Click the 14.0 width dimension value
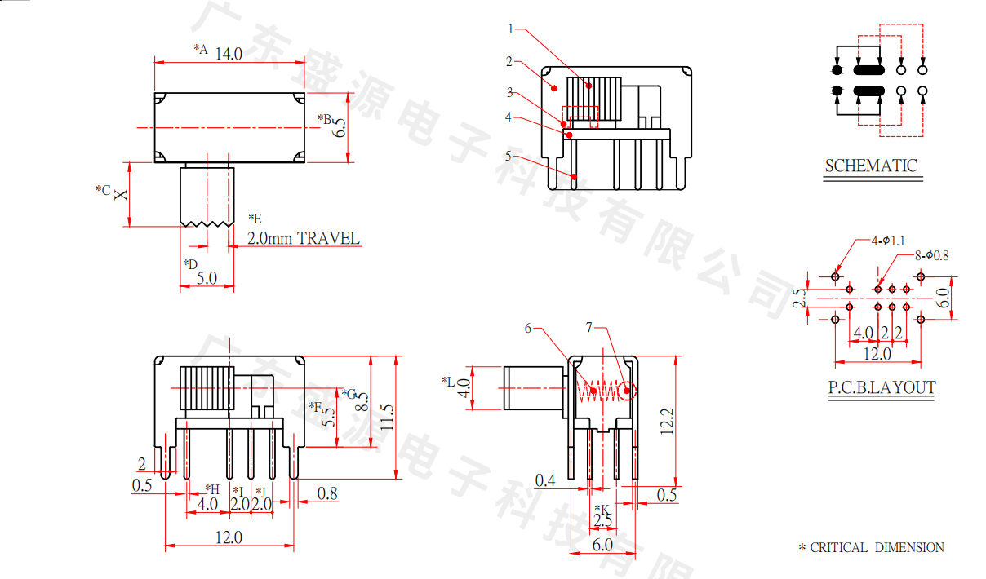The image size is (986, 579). (x=229, y=54)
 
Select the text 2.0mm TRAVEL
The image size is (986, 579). (x=304, y=238)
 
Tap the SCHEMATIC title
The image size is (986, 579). (x=871, y=166)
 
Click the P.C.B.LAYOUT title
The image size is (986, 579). (x=882, y=387)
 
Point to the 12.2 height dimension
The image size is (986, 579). (x=665, y=420)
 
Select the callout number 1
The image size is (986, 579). (x=510, y=29)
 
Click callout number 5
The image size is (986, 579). (x=508, y=155)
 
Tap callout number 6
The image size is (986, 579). (x=528, y=328)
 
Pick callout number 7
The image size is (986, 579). (x=589, y=328)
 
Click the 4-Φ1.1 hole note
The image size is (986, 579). (x=887, y=241)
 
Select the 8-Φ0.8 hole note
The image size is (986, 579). (x=931, y=255)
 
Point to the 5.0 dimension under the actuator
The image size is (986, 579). (x=207, y=277)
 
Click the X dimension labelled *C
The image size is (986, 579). (x=121, y=194)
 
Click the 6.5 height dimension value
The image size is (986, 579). (x=340, y=127)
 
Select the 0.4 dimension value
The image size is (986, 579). (x=545, y=480)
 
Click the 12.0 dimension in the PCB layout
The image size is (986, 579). (x=877, y=354)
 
